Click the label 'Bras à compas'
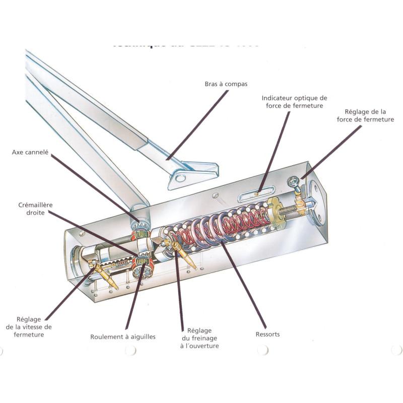tap(226, 84)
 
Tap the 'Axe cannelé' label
tap(30, 151)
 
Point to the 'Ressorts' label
tap(267, 334)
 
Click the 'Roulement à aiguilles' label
tap(123, 337)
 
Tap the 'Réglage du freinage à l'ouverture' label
tap(199, 338)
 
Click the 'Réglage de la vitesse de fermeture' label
tap(34, 326)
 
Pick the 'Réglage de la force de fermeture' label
tap(369, 115)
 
